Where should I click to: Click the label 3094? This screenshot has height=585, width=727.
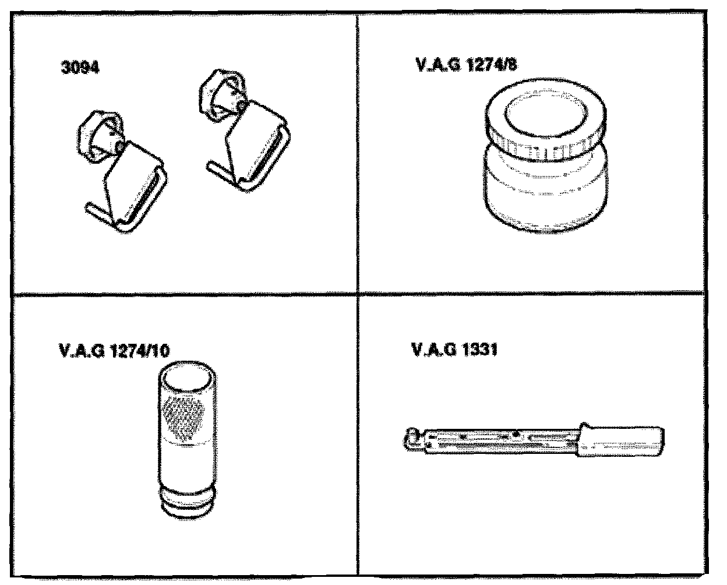(80, 67)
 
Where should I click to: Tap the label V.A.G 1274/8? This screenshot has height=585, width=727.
(467, 65)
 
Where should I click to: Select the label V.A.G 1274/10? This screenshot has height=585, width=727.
(114, 351)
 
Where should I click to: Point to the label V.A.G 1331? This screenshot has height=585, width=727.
(454, 350)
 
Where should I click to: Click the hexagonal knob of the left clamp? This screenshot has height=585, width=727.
(100, 137)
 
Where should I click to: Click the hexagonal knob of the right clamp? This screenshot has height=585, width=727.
(222, 96)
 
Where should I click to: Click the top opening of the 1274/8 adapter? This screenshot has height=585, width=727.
(546, 112)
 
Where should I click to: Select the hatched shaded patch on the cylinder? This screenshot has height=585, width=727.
(183, 417)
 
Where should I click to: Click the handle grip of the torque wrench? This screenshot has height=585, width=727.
(621, 440)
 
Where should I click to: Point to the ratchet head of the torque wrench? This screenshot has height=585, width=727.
(413, 439)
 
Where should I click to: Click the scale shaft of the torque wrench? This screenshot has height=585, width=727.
(502, 441)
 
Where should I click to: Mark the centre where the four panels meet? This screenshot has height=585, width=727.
(358, 294)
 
